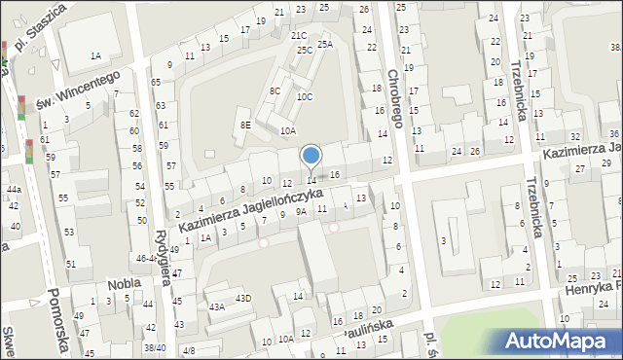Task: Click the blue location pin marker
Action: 311,156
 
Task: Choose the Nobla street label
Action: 126,283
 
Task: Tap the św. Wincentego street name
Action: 78,89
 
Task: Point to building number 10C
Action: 305,96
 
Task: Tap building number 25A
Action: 325,43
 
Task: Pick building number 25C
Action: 305,49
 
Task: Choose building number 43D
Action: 243,298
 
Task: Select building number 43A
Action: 217,306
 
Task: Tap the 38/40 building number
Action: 155,347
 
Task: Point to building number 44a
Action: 13,189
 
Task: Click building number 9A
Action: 302,211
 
